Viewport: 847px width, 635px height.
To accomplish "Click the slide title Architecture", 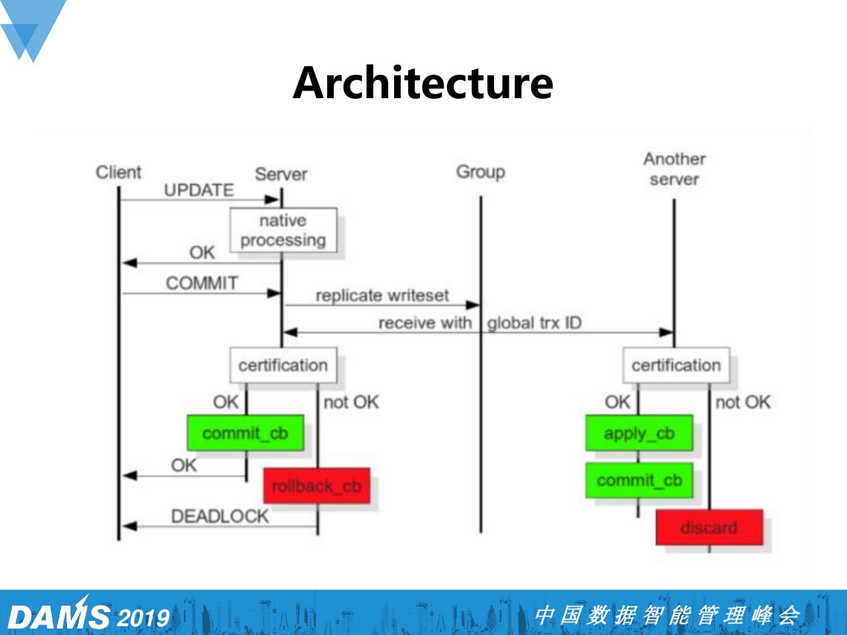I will (x=423, y=83).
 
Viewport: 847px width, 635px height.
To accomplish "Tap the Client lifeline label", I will (x=119, y=172).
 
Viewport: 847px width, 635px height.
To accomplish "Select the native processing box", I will (x=283, y=230).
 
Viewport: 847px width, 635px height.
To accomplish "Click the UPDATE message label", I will (x=199, y=190).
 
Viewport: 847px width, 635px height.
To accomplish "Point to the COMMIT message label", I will (x=202, y=283).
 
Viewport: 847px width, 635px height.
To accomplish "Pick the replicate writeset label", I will (x=382, y=295).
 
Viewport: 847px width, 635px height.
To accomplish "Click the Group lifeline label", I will (x=481, y=172).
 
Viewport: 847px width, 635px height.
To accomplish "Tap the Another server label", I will (x=674, y=169).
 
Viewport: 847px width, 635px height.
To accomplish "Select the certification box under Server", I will (x=283, y=365).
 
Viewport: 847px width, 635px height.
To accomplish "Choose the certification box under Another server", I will (x=676, y=365).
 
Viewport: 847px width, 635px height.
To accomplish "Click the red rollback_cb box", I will (x=316, y=486).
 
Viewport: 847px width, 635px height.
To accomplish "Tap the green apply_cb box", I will (x=639, y=433).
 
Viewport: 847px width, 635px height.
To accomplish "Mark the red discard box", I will (x=709, y=527).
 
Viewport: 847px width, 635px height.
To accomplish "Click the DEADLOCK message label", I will (x=219, y=516).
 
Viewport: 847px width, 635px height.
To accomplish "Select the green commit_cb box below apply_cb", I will (x=639, y=480).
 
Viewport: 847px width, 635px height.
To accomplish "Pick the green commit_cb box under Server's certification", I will (x=245, y=433).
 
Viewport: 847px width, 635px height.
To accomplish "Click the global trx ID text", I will (x=534, y=323).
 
